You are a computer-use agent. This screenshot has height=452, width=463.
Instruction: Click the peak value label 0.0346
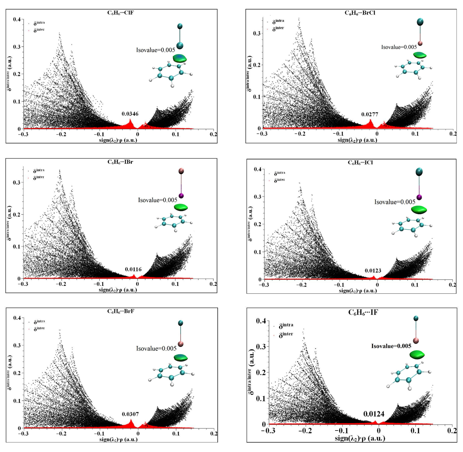(130, 114)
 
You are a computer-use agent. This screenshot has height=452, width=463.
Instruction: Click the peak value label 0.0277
(370, 114)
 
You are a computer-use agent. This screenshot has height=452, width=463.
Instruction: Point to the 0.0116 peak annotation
(133, 269)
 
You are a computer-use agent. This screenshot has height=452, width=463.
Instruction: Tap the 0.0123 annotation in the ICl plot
(373, 271)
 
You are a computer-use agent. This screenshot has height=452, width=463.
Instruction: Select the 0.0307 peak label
(130, 414)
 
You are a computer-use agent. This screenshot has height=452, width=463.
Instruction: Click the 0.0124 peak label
(374, 414)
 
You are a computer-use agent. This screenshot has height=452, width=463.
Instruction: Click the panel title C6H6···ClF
(120, 13)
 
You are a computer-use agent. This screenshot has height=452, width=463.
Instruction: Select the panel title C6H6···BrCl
(360, 13)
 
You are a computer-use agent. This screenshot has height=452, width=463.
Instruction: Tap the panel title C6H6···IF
(363, 312)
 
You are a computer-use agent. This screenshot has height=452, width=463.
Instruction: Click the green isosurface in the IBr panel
(181, 207)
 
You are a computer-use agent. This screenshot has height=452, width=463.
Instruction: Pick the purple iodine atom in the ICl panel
(419, 197)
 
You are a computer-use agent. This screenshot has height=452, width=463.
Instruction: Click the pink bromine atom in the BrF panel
(181, 344)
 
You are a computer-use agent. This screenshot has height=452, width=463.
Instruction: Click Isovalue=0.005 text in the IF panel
(391, 346)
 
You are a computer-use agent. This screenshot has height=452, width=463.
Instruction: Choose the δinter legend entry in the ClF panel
(39, 30)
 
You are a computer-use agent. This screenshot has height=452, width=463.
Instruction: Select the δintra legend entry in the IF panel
(286, 325)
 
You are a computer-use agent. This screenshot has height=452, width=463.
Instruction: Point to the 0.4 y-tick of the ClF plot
(17, 19)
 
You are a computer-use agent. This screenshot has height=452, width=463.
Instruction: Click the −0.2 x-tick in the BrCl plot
(300, 134)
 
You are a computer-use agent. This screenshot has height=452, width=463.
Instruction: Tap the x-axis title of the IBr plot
(118, 290)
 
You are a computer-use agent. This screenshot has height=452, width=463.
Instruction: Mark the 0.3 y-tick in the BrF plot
(17, 345)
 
